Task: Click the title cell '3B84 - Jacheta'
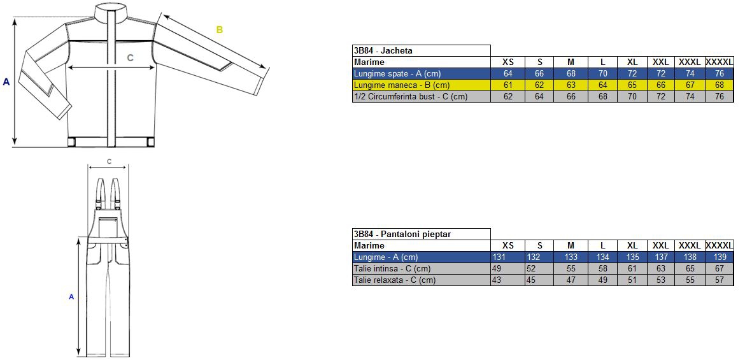click(x=422, y=50)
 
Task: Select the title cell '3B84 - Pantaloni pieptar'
click(x=422, y=234)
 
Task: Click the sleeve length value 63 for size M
click(x=571, y=85)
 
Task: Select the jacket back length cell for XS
click(x=508, y=74)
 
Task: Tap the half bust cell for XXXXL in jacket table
click(x=720, y=97)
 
